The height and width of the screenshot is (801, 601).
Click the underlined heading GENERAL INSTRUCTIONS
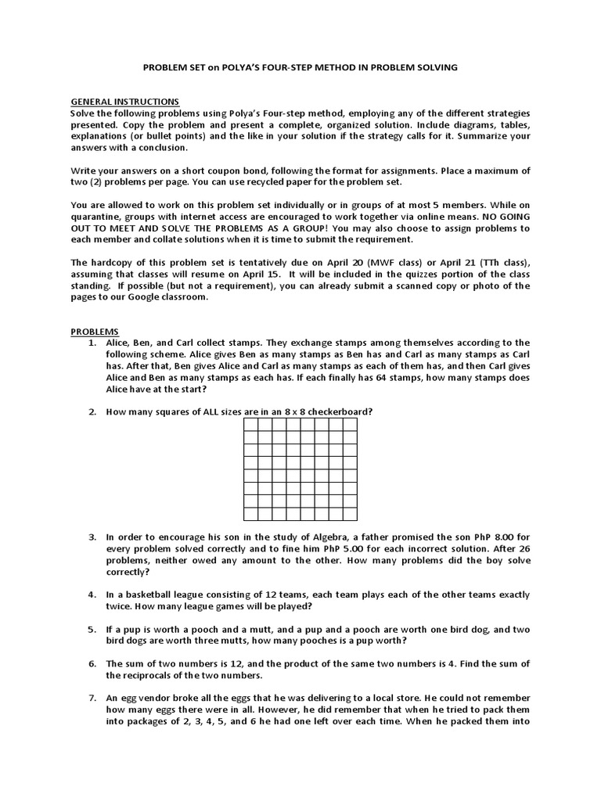(125, 102)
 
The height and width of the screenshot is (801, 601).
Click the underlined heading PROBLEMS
(95, 332)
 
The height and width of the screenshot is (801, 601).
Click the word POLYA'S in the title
(228, 68)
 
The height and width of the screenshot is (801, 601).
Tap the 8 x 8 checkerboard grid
(300, 469)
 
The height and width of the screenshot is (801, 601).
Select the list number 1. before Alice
(92, 343)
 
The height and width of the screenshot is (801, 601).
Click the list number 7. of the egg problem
(92, 697)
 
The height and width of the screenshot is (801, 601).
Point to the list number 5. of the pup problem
(92, 629)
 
